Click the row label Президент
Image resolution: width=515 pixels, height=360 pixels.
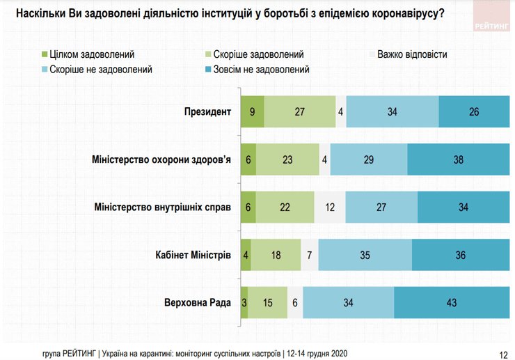coord(207,111)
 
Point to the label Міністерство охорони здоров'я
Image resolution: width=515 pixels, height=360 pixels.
coord(161,159)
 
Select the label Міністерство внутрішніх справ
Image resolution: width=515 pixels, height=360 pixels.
coord(161,207)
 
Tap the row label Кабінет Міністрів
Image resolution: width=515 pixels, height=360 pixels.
coord(192,255)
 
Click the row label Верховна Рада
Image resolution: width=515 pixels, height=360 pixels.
coord(196,303)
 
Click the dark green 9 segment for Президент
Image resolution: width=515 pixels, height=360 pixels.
coord(252,111)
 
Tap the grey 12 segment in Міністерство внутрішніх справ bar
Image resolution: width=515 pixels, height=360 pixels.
coord(329,207)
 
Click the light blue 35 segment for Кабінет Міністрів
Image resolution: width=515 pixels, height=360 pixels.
coord(365,255)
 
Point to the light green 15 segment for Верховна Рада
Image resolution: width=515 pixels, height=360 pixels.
coord(267,303)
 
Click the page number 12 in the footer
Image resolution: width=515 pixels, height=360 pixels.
coord(502,352)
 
